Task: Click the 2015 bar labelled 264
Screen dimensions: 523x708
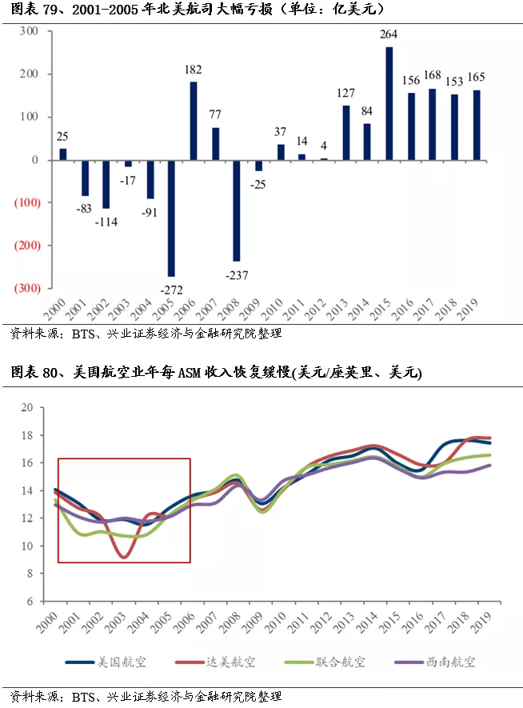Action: pos(389,103)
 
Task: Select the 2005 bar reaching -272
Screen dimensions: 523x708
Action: pos(171,218)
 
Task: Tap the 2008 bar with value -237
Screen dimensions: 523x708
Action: pos(237,210)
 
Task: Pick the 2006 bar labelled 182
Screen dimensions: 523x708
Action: pos(194,121)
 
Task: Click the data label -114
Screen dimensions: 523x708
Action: pos(106,222)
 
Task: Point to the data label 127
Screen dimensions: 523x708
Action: pos(345,93)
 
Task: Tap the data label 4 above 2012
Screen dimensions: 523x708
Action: pos(324,146)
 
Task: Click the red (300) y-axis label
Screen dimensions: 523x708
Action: pos(27,288)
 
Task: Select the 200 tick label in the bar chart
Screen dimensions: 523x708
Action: pos(29,74)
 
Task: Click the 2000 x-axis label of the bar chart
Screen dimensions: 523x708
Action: pos(55,310)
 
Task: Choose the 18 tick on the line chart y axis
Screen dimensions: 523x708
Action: pos(27,435)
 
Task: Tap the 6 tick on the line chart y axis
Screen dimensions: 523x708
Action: pos(30,602)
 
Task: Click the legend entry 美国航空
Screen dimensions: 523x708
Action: pos(106,662)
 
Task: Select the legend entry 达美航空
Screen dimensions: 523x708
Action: pos(215,662)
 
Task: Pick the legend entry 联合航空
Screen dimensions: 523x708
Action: pos(325,662)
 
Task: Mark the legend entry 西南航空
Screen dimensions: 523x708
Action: pos(435,662)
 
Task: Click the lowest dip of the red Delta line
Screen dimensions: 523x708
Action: pos(124,557)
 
